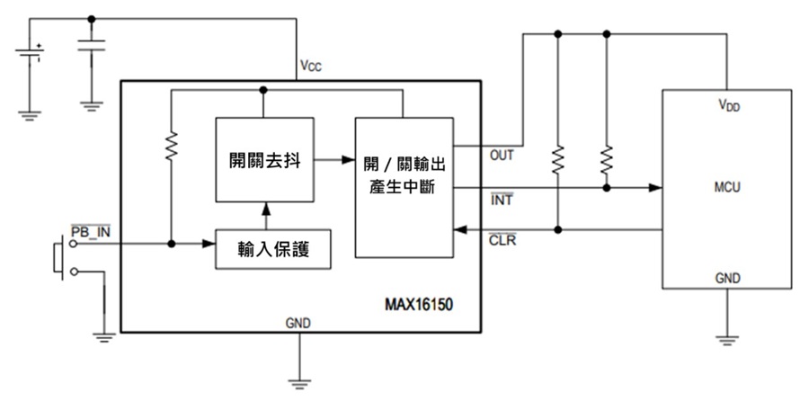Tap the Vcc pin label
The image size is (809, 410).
pyautogui.click(x=311, y=67)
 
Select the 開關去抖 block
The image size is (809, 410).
pyautogui.click(x=264, y=160)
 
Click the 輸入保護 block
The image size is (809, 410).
pyautogui.click(x=273, y=249)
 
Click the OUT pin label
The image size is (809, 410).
pyautogui.click(x=502, y=155)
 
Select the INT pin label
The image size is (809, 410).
pyautogui.click(x=501, y=200)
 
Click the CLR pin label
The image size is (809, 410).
pyautogui.click(x=502, y=241)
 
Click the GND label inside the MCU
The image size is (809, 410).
pyautogui.click(x=728, y=278)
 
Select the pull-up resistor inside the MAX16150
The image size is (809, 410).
pyautogui.click(x=170, y=145)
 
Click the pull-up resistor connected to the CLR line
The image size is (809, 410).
pyautogui.click(x=557, y=159)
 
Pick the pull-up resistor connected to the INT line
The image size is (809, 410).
pyautogui.click(x=607, y=159)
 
